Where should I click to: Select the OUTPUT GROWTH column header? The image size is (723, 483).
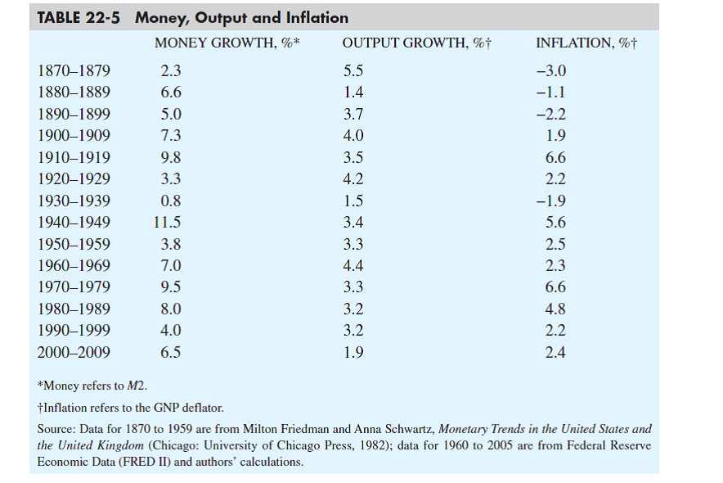tap(416, 43)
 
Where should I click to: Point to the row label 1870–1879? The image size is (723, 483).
tap(74, 70)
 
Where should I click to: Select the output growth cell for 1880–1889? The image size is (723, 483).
tap(353, 93)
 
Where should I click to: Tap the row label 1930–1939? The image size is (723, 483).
tap(74, 201)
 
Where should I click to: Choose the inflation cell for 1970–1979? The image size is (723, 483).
tap(555, 287)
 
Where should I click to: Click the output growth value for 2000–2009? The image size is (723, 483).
tap(353, 352)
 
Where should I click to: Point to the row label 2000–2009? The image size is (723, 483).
tap(74, 352)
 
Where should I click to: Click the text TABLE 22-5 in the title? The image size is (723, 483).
tap(80, 17)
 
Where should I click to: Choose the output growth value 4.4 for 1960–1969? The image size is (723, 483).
tap(353, 265)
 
